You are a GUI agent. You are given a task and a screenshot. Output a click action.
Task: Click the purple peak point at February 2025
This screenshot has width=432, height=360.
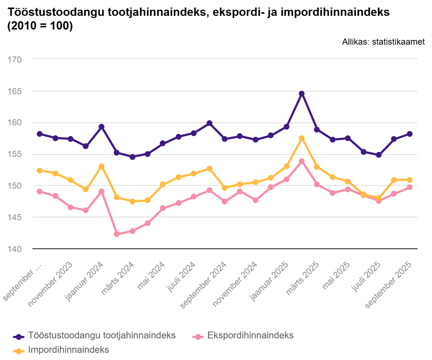(302, 94)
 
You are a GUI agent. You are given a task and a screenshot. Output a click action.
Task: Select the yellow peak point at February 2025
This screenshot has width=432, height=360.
(302, 138)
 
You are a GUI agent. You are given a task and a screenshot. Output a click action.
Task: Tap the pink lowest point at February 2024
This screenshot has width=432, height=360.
(117, 234)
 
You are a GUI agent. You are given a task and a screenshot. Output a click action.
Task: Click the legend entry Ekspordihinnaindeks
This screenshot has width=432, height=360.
(251, 336)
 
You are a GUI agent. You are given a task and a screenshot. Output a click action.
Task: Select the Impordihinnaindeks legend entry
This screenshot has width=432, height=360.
(68, 350)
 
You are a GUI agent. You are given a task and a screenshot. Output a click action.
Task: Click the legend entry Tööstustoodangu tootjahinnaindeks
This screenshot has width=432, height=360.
(102, 336)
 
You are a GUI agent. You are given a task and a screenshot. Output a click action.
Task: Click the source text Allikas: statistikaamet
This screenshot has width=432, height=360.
(383, 42)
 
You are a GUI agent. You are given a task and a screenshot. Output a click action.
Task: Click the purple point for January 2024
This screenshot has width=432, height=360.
(102, 127)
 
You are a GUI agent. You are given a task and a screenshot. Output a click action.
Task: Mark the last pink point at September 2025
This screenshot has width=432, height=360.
(409, 187)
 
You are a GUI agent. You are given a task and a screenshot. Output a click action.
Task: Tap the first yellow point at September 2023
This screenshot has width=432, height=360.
(40, 171)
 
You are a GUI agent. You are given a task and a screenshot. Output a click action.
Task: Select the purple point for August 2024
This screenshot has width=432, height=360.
(210, 123)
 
